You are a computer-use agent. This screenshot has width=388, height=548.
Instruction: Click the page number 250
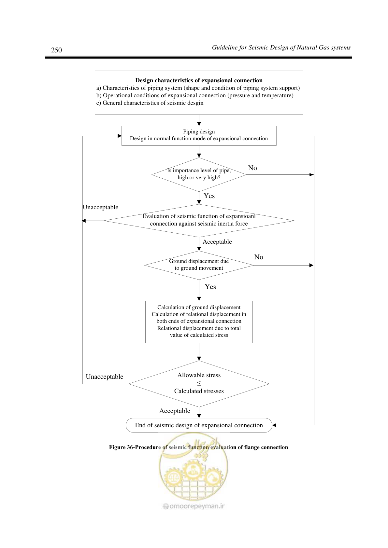pyautogui.click(x=56, y=50)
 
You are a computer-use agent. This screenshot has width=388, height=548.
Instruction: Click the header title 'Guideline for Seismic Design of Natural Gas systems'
pyautogui.click(x=281, y=48)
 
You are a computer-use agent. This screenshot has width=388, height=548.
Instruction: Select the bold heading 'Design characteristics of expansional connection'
pyautogui.click(x=199, y=80)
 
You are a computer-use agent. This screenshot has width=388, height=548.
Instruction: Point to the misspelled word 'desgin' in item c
pyautogui.click(x=195, y=103)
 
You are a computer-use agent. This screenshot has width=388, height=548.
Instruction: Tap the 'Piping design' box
pyautogui.click(x=199, y=136)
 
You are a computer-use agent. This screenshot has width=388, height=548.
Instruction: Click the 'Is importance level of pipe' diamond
pyautogui.click(x=199, y=174)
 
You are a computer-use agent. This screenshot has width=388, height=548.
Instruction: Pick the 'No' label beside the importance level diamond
pyautogui.click(x=252, y=168)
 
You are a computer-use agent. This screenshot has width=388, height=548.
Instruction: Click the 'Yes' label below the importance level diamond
pyautogui.click(x=209, y=196)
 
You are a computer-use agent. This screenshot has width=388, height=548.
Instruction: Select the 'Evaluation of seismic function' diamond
pyautogui.click(x=199, y=221)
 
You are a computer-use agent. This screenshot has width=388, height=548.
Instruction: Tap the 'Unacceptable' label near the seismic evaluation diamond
pyautogui.click(x=100, y=207)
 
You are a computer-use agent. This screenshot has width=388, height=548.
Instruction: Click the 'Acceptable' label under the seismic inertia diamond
pyautogui.click(x=217, y=242)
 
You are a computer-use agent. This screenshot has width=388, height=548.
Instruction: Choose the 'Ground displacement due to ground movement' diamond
pyautogui.click(x=199, y=265)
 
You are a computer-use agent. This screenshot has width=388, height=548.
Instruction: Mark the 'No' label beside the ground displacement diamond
pyautogui.click(x=259, y=257)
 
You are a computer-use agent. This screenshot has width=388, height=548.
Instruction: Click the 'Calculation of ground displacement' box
pyautogui.click(x=199, y=322)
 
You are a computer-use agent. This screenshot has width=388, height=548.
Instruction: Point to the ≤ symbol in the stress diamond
pyautogui.click(x=199, y=383)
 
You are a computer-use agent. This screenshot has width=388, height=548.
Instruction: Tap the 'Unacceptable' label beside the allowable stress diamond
pyautogui.click(x=104, y=377)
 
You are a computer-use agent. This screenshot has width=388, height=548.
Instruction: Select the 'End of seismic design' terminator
pyautogui.click(x=199, y=425)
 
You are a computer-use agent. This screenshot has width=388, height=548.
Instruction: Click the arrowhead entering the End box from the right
pyautogui.click(x=274, y=425)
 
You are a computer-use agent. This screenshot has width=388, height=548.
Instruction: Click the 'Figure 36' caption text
pyautogui.click(x=198, y=447)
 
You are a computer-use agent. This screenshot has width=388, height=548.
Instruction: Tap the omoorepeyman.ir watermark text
pyautogui.click(x=194, y=506)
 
